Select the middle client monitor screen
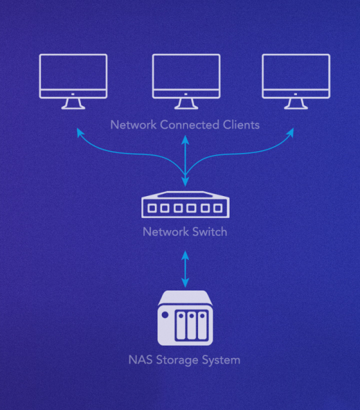point(186,75)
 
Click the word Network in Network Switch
point(164,231)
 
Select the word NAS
point(141,360)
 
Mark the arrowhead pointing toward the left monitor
point(80,131)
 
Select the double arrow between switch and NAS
point(186,269)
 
